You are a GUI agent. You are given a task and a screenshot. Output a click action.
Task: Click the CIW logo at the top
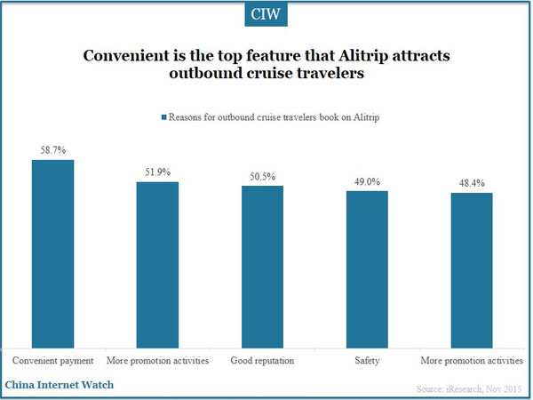pos(266,15)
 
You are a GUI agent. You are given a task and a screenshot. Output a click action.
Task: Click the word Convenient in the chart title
pos(127,55)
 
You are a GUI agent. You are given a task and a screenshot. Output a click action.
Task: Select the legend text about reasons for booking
pos(271,116)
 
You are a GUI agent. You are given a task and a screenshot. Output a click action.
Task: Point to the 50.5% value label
pos(262,177)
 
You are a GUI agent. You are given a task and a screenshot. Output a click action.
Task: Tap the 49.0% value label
pos(367,182)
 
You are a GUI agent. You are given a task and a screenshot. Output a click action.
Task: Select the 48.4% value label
pos(472,184)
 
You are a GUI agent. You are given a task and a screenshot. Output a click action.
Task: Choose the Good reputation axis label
pos(262,362)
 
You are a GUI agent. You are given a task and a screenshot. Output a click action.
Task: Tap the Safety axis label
pos(367,362)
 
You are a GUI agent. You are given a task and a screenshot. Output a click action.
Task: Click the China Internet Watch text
pos(59,385)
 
